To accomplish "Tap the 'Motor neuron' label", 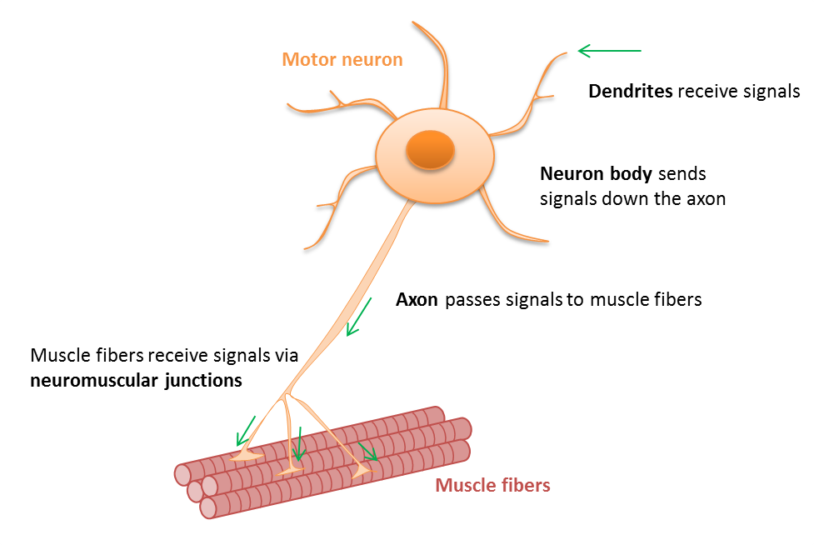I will click(342, 60).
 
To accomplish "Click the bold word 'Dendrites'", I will click(631, 92).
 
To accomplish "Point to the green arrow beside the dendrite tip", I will click(609, 52).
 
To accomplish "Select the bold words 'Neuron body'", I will click(597, 175).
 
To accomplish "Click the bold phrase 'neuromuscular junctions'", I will click(136, 381).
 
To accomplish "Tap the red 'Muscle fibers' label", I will click(492, 486).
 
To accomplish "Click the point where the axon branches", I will click(287, 395).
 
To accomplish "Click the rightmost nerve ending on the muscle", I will click(361, 472).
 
